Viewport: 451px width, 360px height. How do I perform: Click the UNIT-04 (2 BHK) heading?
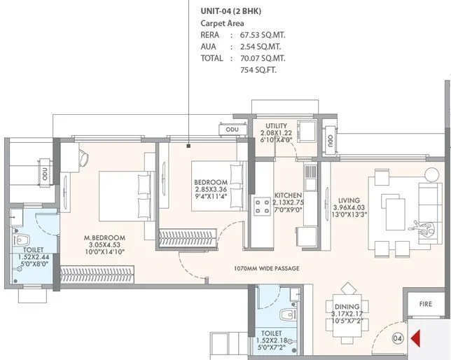[x=233, y=10]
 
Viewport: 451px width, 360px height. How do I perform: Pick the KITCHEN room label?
[x=288, y=195]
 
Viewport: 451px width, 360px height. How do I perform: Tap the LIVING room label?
[x=349, y=180]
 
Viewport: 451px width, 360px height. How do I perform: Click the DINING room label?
[x=347, y=307]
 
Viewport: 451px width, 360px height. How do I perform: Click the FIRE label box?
[x=426, y=305]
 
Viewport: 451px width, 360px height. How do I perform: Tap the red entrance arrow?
[x=415, y=340]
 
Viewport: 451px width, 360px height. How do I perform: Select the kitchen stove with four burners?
[x=263, y=206]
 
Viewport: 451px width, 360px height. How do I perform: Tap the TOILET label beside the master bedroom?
[x=33, y=249]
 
